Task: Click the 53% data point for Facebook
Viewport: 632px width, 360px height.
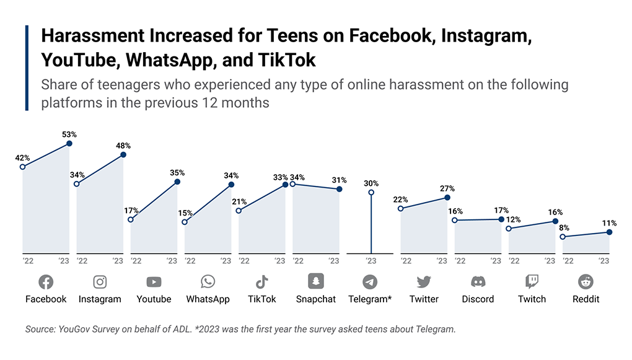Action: pos(69,143)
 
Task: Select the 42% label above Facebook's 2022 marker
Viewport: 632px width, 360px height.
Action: pos(22,158)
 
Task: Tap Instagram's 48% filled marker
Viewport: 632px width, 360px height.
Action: pos(123,154)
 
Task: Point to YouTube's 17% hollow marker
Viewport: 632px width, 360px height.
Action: pos(131,219)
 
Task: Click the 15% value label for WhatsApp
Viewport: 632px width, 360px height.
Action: pos(185,213)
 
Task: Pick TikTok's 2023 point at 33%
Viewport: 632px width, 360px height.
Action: pos(285,184)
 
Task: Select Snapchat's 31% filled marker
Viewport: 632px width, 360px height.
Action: pos(339,188)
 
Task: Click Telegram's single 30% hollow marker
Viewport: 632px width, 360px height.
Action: pos(371,193)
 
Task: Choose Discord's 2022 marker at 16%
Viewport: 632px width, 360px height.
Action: pos(455,220)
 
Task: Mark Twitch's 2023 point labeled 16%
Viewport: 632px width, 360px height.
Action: pos(555,221)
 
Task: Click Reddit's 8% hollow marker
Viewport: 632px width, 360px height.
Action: pos(563,237)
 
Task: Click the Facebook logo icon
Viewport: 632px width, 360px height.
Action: pos(46,283)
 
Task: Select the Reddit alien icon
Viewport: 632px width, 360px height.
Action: pos(586,282)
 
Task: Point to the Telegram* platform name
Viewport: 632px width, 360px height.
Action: pos(369,299)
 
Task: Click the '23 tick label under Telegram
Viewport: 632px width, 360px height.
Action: pos(371,261)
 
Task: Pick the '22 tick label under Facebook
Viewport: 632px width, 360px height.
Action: pos(28,261)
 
